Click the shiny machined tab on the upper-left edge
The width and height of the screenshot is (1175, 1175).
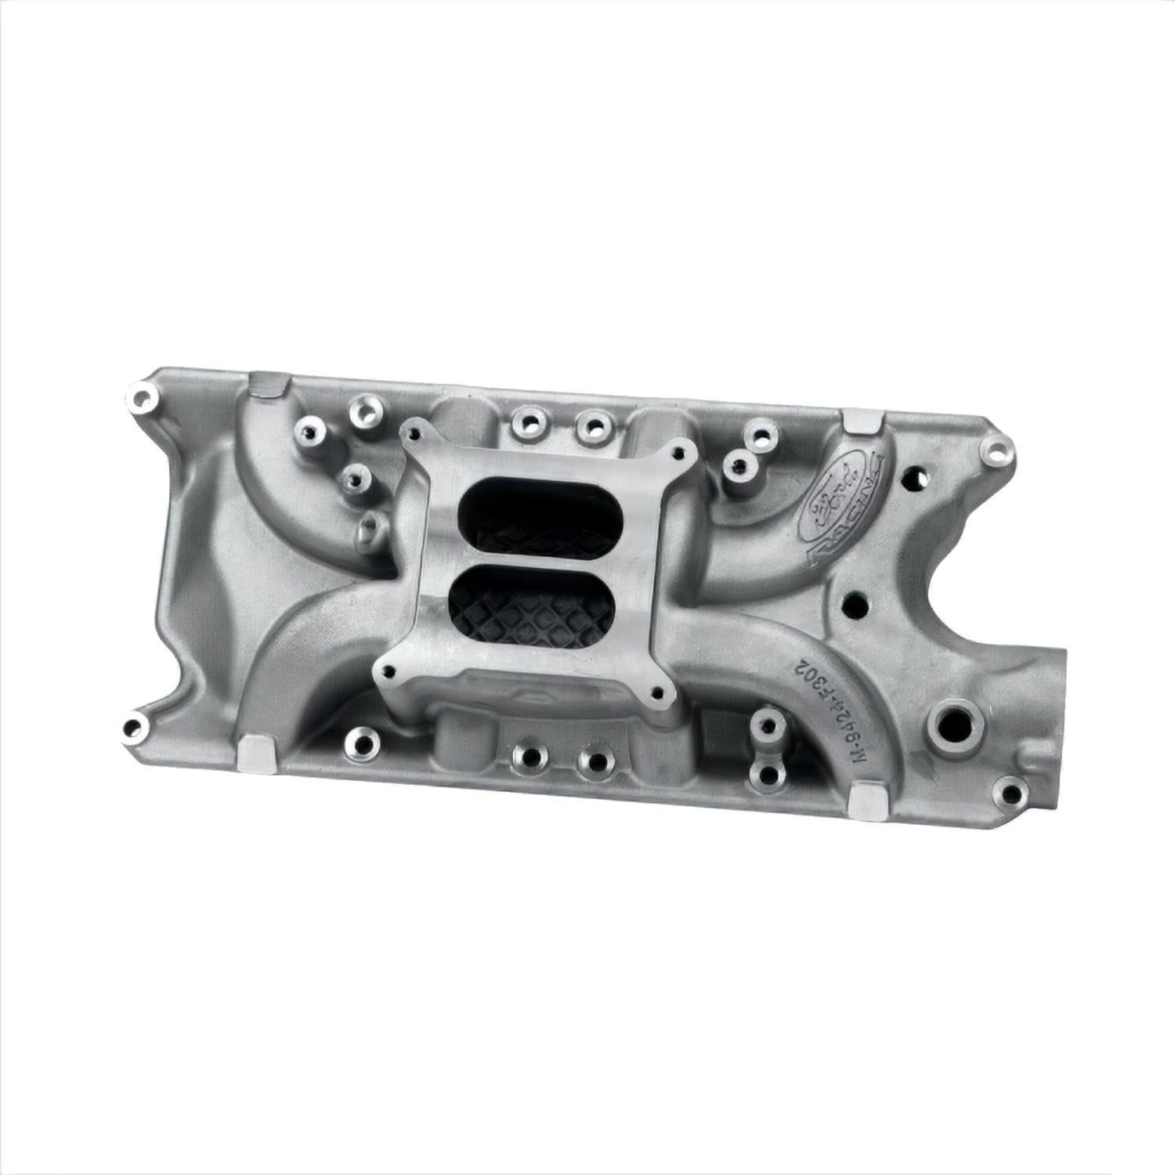[x=265, y=383]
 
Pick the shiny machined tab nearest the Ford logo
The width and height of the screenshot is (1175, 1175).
[x=859, y=424]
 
